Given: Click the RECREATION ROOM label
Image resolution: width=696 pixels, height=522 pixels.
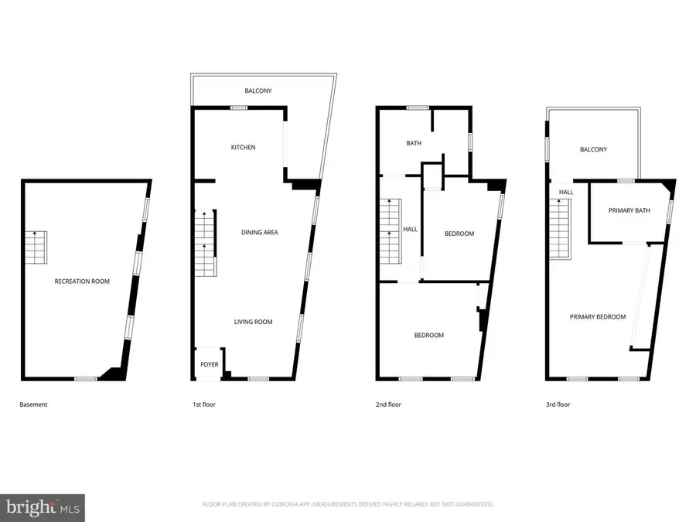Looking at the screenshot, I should tap(82, 281).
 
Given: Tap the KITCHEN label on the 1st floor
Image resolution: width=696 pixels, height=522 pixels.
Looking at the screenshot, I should tap(243, 148).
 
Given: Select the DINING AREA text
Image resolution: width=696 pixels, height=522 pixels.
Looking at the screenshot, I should tap(259, 233).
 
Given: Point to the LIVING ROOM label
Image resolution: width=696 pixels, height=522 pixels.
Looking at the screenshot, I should tap(254, 322).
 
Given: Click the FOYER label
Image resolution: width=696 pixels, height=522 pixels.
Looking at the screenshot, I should tap(210, 364).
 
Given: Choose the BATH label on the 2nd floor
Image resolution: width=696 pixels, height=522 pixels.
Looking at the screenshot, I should tap(414, 143).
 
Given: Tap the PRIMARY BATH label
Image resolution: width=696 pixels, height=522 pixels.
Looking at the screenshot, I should tap(629, 211).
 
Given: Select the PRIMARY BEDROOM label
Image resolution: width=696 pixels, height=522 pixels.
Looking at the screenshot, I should tap(598, 317).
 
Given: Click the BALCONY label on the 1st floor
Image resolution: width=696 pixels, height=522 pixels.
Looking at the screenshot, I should tap(258, 91).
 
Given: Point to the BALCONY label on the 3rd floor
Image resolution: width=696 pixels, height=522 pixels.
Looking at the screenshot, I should tap(593, 150).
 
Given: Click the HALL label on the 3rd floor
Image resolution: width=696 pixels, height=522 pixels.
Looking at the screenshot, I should tap(566, 193).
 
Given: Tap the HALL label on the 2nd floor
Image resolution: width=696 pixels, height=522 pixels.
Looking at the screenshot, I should tap(410, 230).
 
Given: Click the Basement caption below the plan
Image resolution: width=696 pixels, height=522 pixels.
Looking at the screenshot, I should tap(33, 404).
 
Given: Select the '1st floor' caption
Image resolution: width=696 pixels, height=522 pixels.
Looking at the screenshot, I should tap(204, 404).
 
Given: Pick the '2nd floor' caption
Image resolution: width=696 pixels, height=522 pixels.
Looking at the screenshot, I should tap(389, 404).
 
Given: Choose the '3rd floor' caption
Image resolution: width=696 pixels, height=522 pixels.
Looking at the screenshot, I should tap(558, 404).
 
